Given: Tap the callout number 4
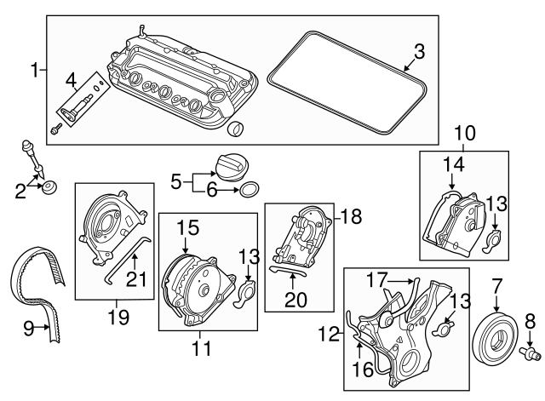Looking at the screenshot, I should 72,81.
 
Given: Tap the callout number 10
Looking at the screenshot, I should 466,132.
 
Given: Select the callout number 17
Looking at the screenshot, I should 377,278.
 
